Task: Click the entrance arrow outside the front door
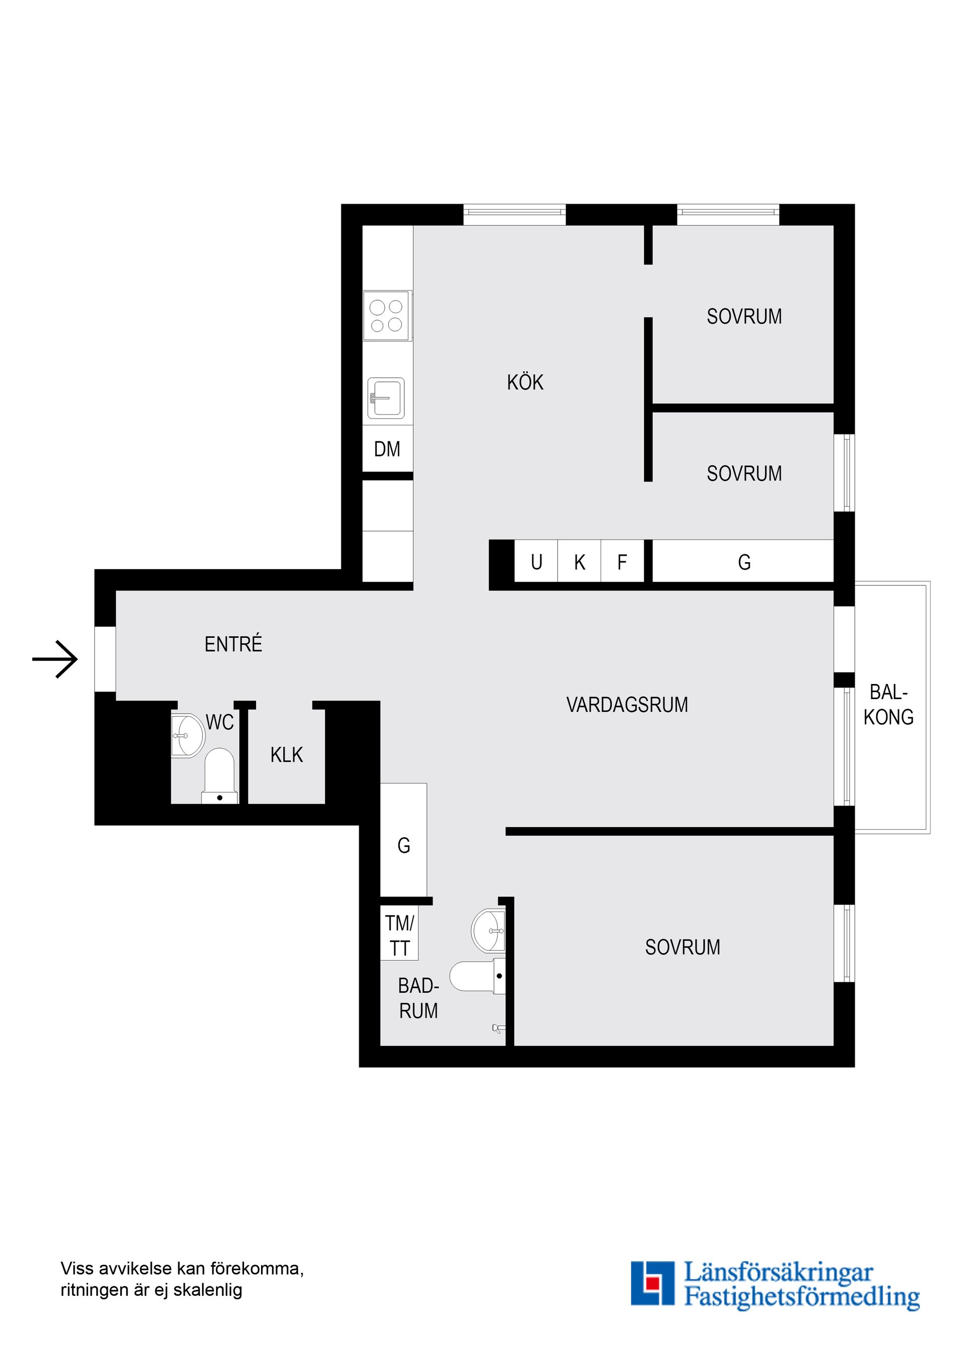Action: (x=55, y=658)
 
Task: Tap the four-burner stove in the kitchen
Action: (x=386, y=315)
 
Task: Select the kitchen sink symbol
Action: (x=386, y=398)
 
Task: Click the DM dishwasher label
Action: (x=387, y=449)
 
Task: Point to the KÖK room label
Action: (x=525, y=382)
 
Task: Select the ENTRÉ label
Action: (x=233, y=644)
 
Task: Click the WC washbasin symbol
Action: (x=187, y=736)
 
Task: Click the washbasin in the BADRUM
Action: (x=489, y=930)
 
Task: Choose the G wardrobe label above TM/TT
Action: (x=404, y=845)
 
